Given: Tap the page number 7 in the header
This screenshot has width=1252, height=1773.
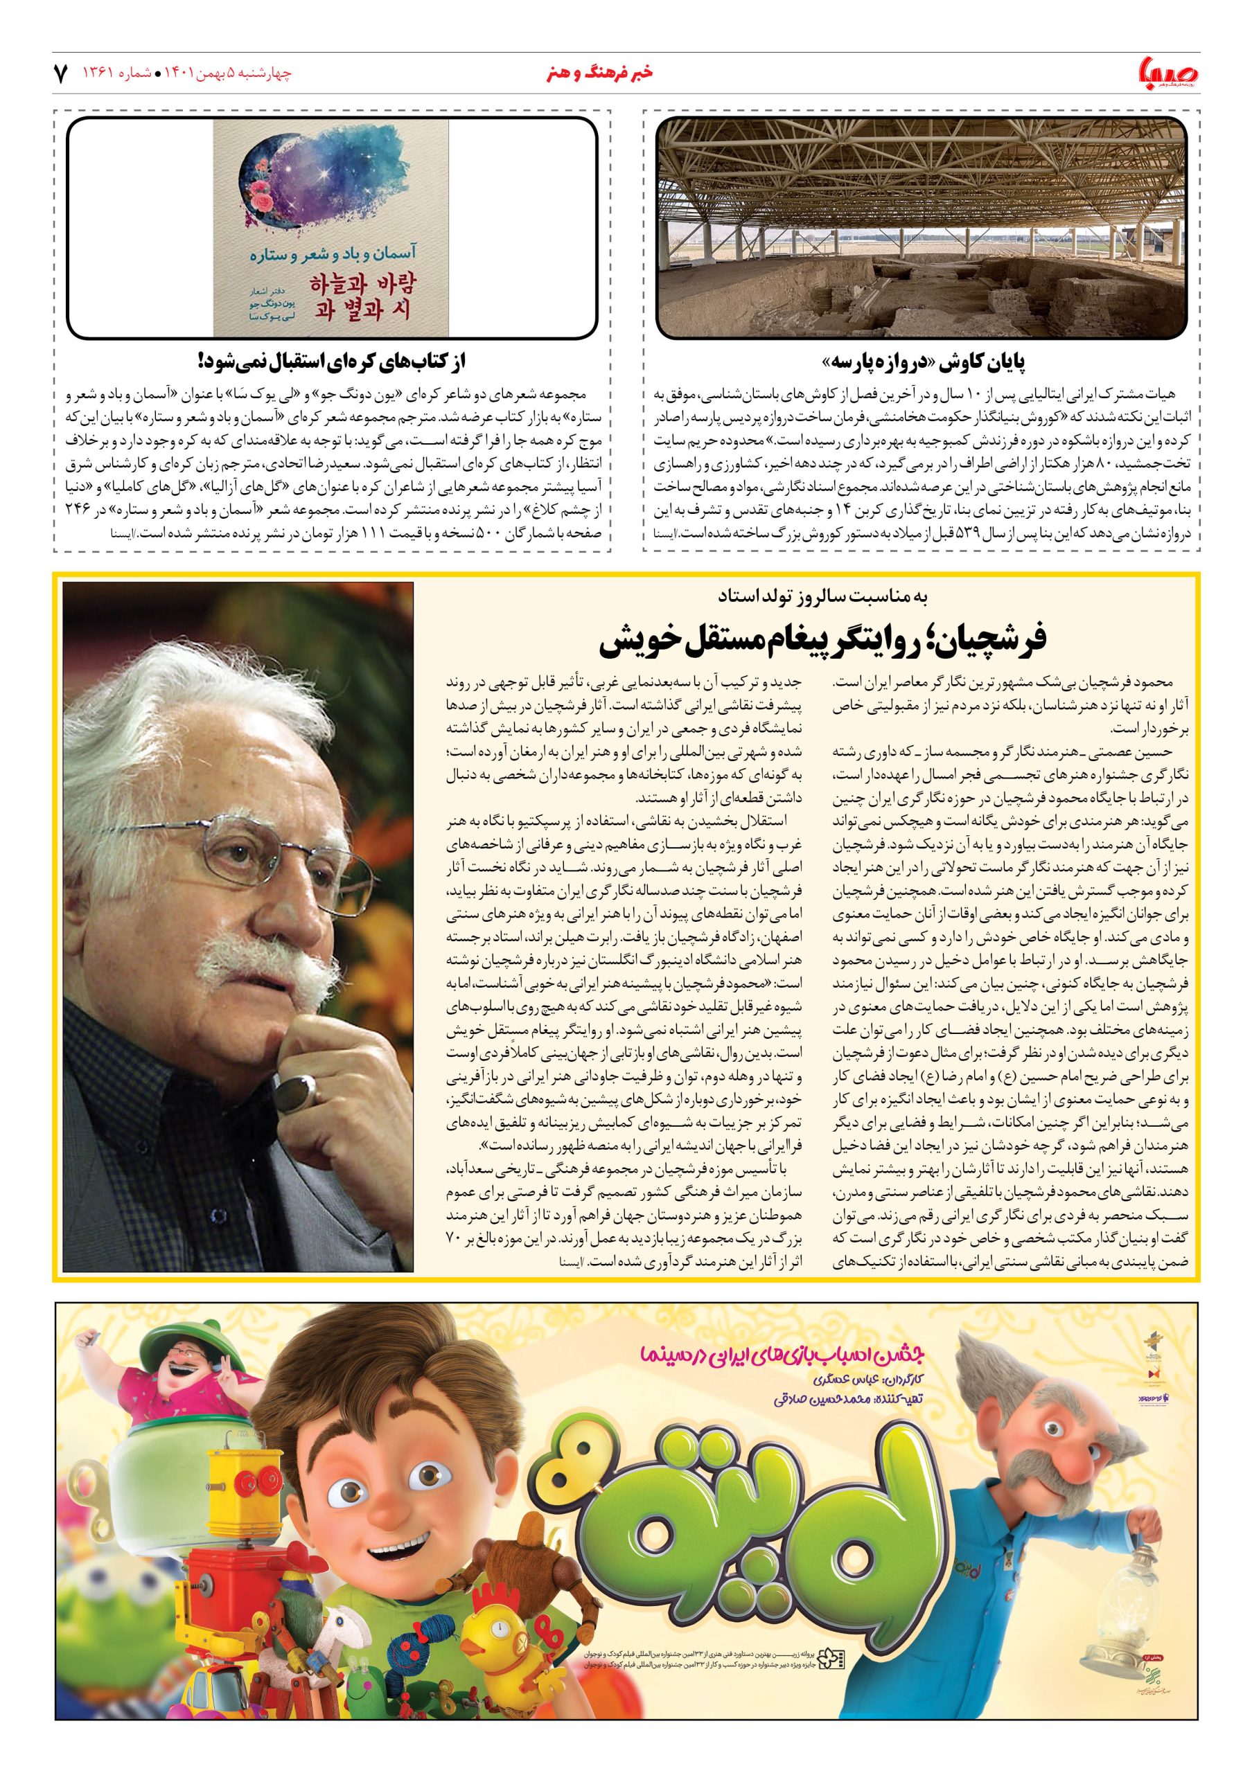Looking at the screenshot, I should pos(60,74).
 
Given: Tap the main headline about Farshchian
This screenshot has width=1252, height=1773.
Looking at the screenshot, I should pos(822,640).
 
